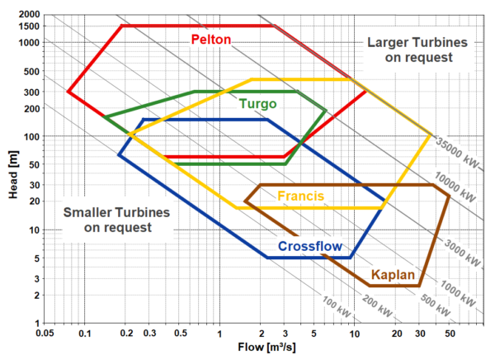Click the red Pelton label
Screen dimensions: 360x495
[210, 39]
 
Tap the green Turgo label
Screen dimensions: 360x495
[257, 104]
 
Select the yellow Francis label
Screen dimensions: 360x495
[300, 196]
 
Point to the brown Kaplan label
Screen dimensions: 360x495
[392, 274]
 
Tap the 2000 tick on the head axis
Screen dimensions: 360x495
[30, 16]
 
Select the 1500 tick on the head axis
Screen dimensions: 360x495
[30, 26]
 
